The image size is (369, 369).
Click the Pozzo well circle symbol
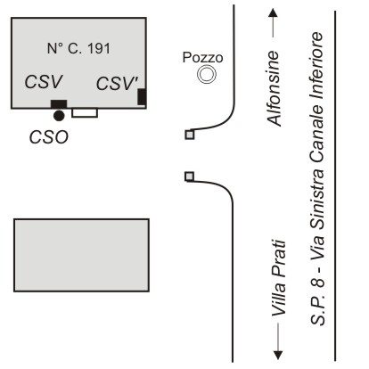tap(207, 74)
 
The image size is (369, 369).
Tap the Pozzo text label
tap(202, 57)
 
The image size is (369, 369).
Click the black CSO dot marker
tap(59, 116)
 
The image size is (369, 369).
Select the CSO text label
tap(49, 137)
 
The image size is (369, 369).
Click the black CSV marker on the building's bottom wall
tap(59, 104)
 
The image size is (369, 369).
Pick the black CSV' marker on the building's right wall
tap(142, 96)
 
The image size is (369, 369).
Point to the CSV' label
tap(117, 83)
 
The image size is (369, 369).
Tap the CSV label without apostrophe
tap(44, 82)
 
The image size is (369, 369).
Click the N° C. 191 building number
tap(78, 48)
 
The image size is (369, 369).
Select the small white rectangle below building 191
tap(85, 112)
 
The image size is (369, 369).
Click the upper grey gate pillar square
tap(190, 135)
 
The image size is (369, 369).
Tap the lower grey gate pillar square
tap(189, 176)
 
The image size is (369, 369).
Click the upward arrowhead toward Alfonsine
tap(273, 12)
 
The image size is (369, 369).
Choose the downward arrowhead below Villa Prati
tap(278, 356)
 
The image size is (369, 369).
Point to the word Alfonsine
tap(274, 88)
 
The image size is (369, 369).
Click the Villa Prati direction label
tap(279, 278)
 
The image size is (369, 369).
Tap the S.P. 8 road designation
tap(317, 301)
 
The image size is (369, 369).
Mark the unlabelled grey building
tap(81, 255)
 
